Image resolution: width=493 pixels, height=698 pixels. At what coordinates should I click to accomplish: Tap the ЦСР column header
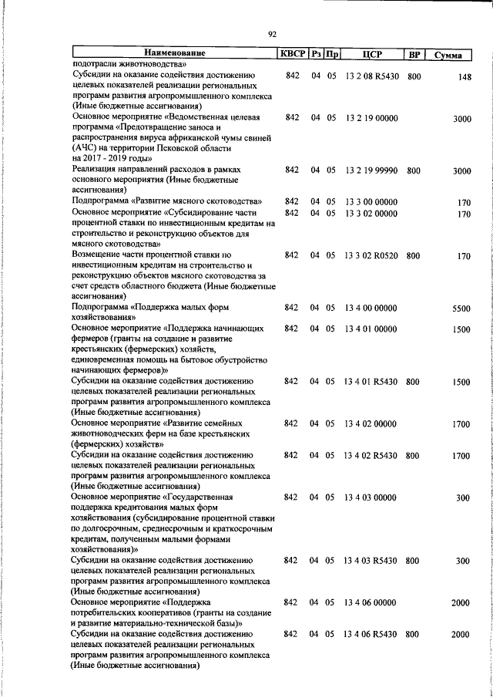(372, 54)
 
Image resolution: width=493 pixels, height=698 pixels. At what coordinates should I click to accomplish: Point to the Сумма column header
(448, 55)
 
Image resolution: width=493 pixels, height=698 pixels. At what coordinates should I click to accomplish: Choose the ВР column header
(414, 54)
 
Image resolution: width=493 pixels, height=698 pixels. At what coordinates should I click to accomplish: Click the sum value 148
(463, 77)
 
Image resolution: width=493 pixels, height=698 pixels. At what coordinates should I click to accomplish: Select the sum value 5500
(461, 309)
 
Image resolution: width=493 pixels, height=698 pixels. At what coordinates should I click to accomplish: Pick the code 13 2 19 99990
(372, 170)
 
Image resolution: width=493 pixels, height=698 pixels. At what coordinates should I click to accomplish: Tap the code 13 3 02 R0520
(372, 255)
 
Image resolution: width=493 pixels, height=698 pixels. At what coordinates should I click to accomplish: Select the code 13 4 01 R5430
(372, 381)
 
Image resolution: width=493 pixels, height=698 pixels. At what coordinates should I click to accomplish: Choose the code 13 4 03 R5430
(372, 560)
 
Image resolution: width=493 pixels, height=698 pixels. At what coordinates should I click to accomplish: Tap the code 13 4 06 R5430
(372, 634)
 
